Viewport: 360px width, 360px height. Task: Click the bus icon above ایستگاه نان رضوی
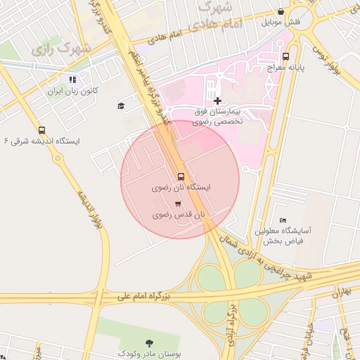(x=181, y=176)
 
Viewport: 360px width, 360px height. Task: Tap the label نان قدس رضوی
(x=181, y=214)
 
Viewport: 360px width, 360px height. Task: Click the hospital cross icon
(x=217, y=101)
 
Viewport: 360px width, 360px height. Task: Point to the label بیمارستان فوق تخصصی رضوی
(x=217, y=116)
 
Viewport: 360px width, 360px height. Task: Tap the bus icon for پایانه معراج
(x=285, y=56)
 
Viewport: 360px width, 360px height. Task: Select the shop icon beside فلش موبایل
(x=282, y=11)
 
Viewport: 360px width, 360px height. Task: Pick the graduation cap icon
(x=122, y=105)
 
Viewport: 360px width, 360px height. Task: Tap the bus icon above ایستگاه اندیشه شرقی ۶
(x=42, y=130)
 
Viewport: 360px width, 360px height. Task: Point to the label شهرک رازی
(x=62, y=50)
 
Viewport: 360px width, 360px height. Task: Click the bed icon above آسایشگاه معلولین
(x=283, y=221)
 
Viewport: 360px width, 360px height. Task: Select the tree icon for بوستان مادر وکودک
(x=149, y=342)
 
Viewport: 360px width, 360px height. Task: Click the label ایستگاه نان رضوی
(x=181, y=188)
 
